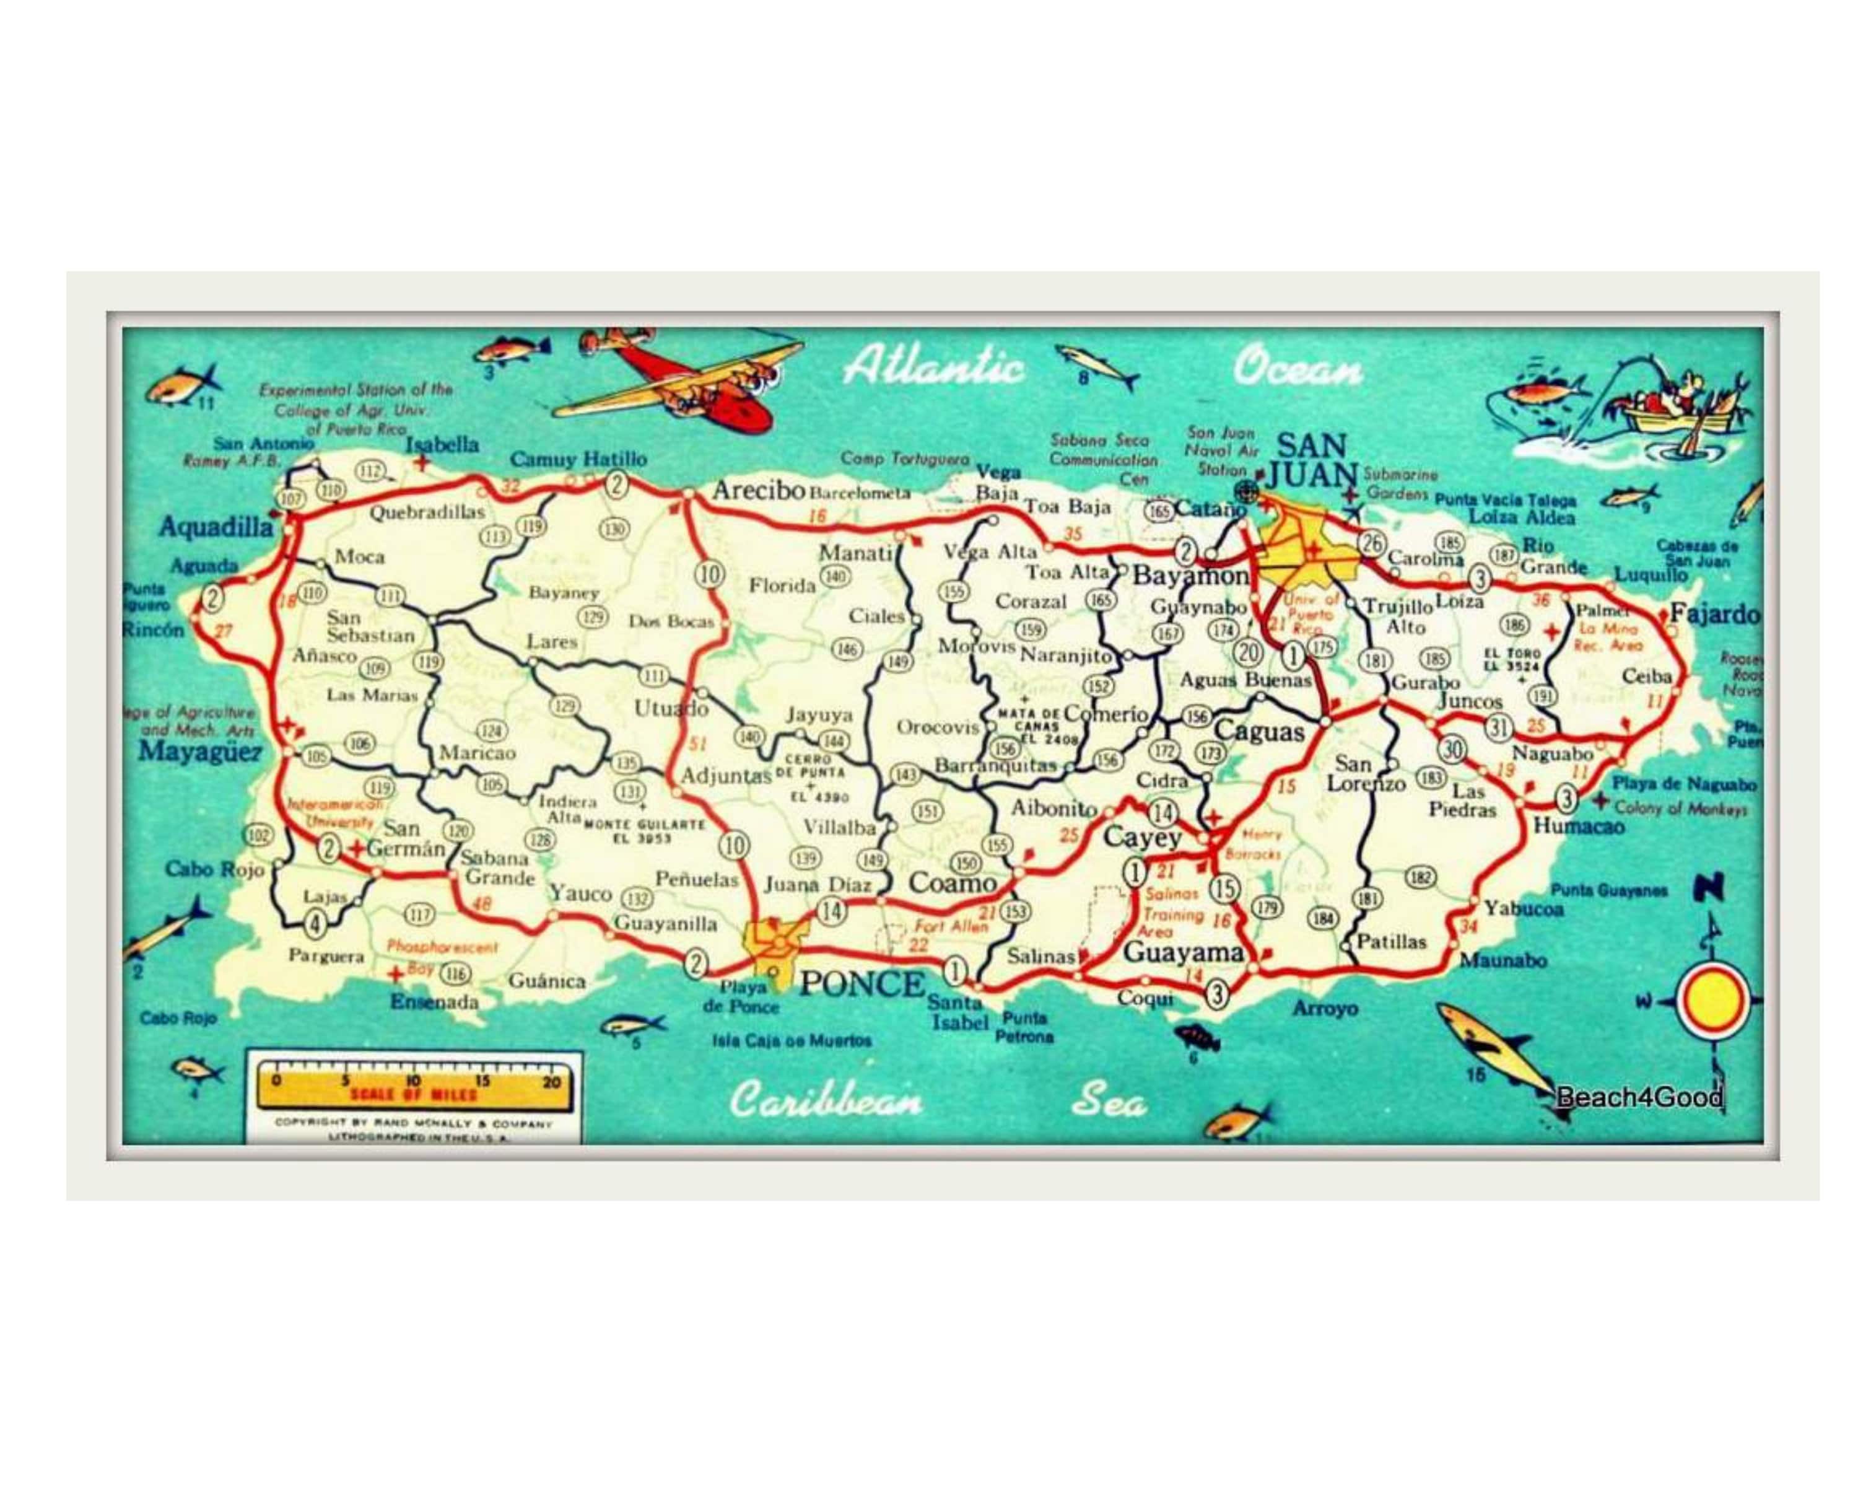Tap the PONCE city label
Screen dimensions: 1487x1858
[x=861, y=983]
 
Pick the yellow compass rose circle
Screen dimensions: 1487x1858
[x=1713, y=1001]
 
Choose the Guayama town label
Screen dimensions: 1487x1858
[x=1182, y=952]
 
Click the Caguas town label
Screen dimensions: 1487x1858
[x=1259, y=732]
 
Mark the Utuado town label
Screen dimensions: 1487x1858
[x=671, y=709]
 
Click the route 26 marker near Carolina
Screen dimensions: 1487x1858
[x=1371, y=543]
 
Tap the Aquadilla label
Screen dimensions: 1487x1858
[x=216, y=527]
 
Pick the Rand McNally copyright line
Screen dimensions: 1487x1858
[x=414, y=1123]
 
